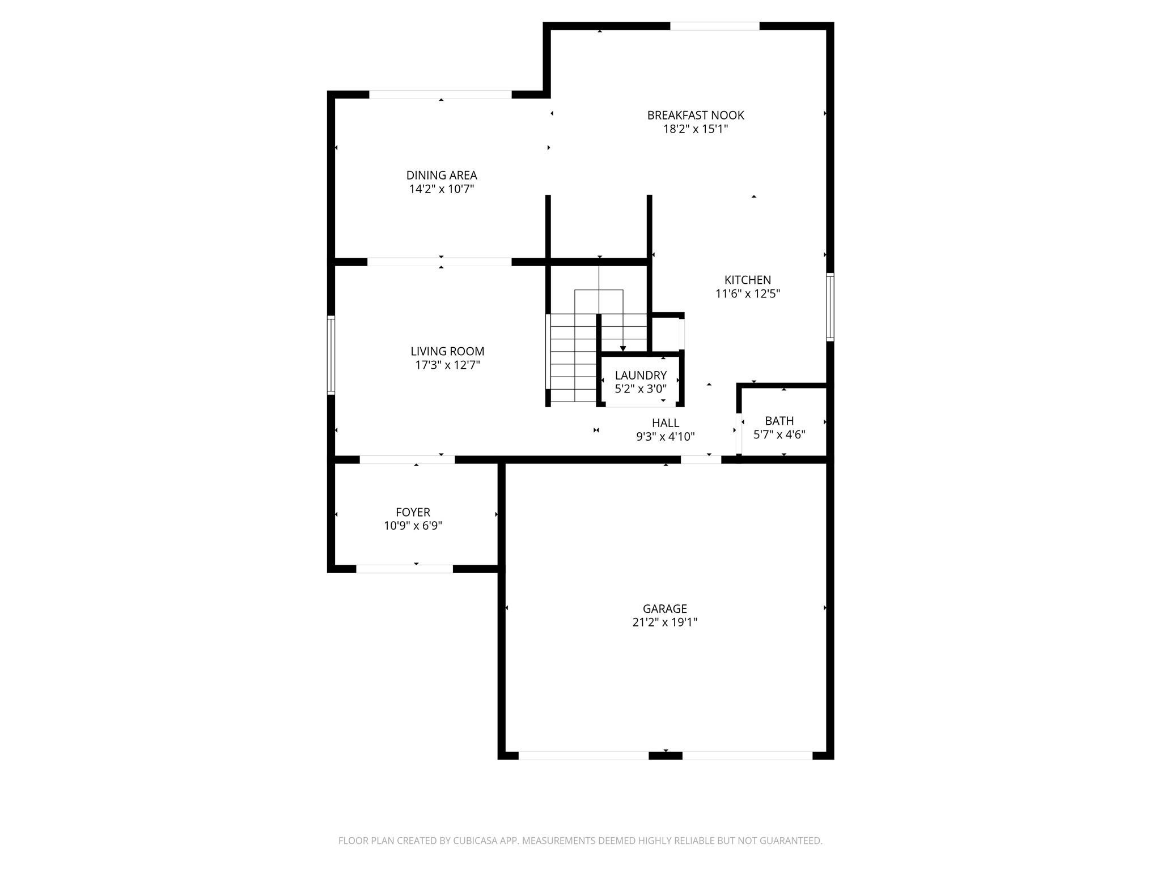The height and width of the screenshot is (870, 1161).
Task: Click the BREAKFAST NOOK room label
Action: tap(696, 115)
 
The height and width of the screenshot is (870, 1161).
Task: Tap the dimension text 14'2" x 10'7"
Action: tap(442, 189)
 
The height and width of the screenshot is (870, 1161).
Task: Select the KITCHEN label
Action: tap(748, 280)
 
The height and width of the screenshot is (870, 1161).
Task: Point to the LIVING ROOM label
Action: tap(447, 351)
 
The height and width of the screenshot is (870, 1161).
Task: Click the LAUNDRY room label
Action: tap(641, 375)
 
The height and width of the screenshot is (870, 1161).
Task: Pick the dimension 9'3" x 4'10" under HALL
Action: tap(665, 437)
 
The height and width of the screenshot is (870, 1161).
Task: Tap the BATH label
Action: tap(779, 421)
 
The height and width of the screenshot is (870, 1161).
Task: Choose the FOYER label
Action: tap(413, 512)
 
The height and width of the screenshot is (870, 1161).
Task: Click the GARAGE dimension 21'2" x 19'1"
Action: tap(664, 622)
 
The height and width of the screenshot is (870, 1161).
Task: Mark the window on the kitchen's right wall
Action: tap(830, 307)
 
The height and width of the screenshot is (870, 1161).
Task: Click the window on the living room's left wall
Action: tap(331, 355)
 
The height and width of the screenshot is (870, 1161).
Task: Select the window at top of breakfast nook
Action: tap(714, 26)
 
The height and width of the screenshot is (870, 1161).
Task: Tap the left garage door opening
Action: tap(583, 756)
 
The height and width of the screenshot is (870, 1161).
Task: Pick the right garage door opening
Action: tap(747, 756)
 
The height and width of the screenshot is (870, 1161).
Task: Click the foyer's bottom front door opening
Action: tap(404, 569)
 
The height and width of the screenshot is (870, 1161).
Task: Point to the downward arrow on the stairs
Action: tap(623, 348)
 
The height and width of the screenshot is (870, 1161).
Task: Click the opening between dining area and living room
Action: tap(439, 262)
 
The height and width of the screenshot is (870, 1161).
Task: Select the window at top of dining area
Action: tap(440, 95)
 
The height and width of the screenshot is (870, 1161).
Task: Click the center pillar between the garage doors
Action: tap(666, 756)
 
